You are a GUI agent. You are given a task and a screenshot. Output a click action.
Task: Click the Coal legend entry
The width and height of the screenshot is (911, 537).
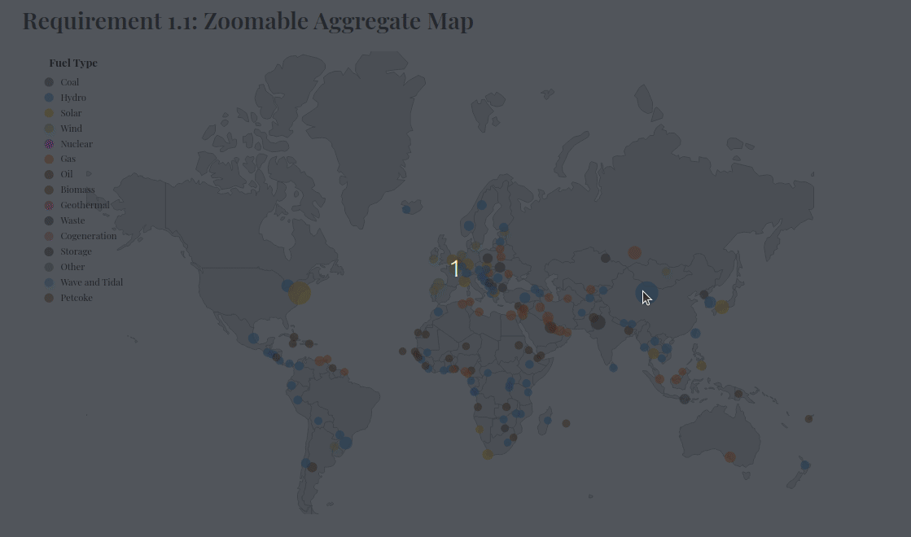69,82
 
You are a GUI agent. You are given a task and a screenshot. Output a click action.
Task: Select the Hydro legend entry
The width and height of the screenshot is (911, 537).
72,98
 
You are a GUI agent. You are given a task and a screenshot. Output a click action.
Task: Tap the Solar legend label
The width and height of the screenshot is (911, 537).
71,113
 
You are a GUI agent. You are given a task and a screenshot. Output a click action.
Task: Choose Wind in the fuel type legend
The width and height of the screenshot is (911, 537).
71,129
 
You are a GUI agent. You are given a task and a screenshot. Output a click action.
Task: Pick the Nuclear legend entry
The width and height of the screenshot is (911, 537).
76,144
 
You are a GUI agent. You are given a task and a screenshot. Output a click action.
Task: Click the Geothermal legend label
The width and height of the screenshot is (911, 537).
84,205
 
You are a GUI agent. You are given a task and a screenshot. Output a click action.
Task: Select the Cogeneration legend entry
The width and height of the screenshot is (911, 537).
88,236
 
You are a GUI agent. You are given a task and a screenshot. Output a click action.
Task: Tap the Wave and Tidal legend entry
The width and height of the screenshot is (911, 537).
91,282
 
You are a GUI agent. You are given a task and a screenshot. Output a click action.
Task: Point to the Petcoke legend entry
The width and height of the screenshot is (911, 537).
76,298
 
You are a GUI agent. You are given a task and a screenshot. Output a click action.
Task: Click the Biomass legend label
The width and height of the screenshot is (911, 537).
77,190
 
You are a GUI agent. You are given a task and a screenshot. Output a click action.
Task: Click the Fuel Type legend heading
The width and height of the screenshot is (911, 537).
73,63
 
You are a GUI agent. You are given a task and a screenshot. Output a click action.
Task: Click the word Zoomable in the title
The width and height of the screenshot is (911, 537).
249,21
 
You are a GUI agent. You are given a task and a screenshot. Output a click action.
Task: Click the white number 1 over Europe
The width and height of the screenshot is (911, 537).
455,268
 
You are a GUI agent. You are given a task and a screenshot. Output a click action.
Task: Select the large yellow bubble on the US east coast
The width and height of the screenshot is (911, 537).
300,293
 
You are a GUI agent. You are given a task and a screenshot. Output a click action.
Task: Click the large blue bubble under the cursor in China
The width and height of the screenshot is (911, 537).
646,295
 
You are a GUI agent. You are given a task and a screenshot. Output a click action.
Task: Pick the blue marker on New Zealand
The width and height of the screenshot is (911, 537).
805,465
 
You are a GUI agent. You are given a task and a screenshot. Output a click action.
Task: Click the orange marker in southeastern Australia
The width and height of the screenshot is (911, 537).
730,457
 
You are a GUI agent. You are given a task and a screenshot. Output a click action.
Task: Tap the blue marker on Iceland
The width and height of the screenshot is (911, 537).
406,210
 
